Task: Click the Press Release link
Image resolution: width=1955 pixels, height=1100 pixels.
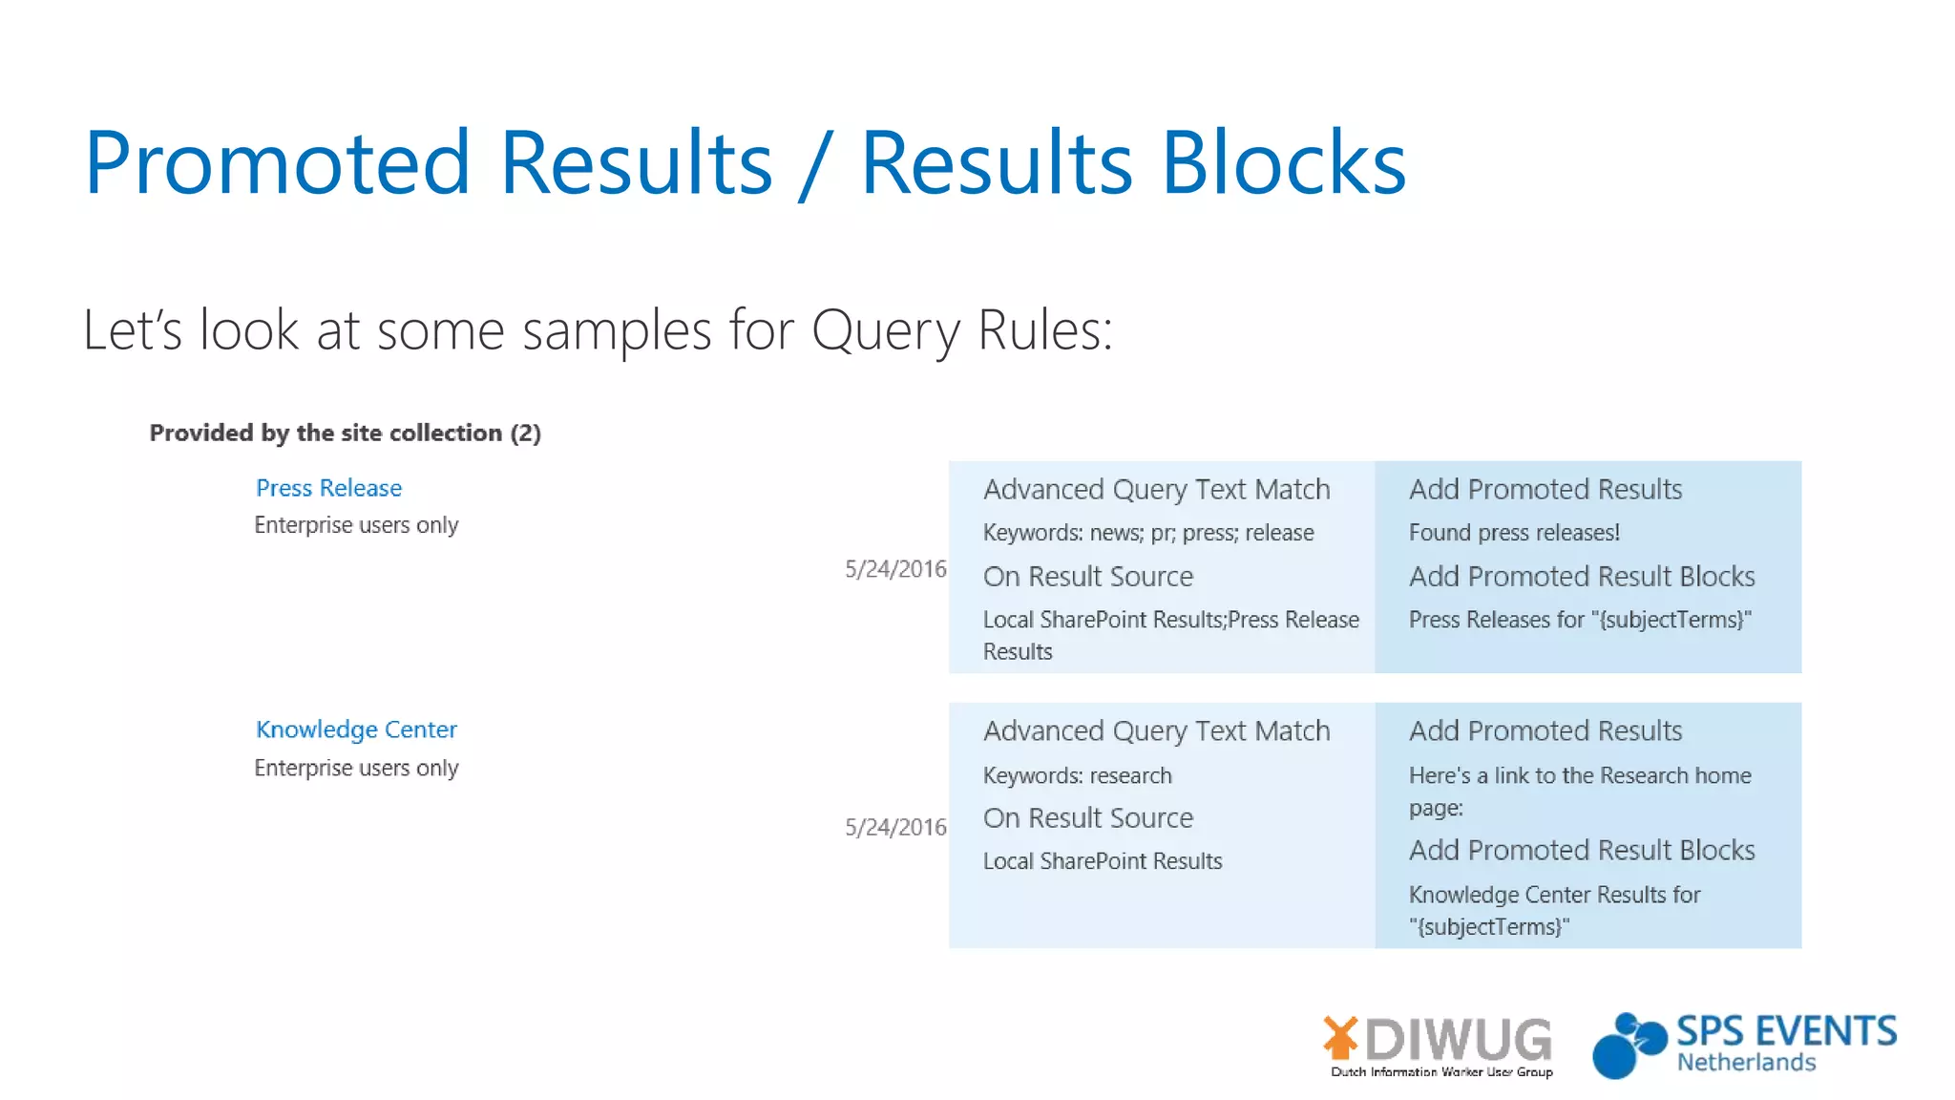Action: pyautogui.click(x=328, y=488)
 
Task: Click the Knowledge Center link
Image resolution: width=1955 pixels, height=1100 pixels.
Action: pyautogui.click(x=356, y=730)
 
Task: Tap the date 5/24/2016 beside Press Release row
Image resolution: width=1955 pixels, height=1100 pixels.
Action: pyautogui.click(x=894, y=569)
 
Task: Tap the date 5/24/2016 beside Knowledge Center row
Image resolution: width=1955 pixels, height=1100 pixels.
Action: pyautogui.click(x=894, y=827)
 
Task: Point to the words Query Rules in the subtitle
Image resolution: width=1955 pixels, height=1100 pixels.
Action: pyautogui.click(x=961, y=330)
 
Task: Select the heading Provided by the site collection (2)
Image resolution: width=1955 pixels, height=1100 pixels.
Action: pyautogui.click(x=345, y=433)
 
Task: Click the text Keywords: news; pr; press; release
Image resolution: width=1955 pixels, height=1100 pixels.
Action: pyautogui.click(x=1148, y=533)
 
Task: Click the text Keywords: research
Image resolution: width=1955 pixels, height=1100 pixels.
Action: pyautogui.click(x=1077, y=775)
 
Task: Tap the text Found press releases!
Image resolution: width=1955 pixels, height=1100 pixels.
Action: pyautogui.click(x=1514, y=533)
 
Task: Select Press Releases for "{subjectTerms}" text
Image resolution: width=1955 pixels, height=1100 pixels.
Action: pyautogui.click(x=1580, y=620)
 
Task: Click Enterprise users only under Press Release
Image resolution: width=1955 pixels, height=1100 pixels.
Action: pyautogui.click(x=356, y=525)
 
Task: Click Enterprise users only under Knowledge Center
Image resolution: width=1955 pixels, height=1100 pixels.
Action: pyautogui.click(x=356, y=768)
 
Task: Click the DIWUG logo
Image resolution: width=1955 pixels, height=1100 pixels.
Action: pyautogui.click(x=1458, y=1040)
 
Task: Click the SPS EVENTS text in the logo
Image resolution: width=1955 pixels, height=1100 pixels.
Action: pyautogui.click(x=1786, y=1032)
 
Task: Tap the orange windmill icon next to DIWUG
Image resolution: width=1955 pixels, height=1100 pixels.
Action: pyautogui.click(x=1340, y=1038)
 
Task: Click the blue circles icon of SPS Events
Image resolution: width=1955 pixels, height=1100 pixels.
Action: pyautogui.click(x=1628, y=1046)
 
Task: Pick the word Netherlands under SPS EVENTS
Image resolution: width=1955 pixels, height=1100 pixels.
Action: pyautogui.click(x=1746, y=1063)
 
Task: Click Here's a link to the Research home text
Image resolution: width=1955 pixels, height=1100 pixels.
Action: pyautogui.click(x=1580, y=775)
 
